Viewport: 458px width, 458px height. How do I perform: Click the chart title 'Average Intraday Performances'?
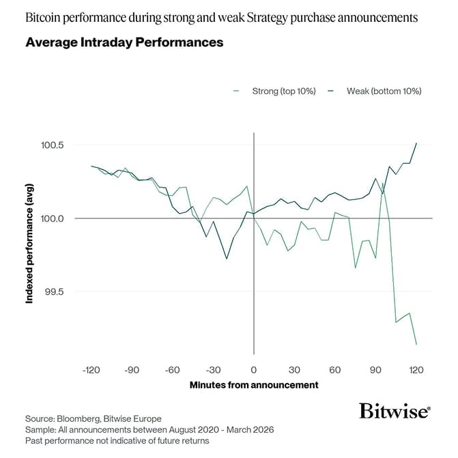124,42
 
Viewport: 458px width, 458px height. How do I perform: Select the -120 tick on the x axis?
91,369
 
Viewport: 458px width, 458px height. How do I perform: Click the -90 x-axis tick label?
132,369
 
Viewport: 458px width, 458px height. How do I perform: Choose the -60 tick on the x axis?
173,369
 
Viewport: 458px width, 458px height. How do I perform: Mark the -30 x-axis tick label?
213,369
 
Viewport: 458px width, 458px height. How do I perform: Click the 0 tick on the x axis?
254,369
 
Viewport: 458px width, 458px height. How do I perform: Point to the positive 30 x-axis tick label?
294,369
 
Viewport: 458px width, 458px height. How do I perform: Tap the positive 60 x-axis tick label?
335,369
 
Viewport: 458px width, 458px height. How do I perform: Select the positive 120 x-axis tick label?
416,369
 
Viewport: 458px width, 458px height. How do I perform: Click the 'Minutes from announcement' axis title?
254,385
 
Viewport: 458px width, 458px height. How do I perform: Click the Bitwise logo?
395,411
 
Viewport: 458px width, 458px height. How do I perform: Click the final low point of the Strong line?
416,345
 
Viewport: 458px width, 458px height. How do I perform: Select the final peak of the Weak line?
416,143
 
